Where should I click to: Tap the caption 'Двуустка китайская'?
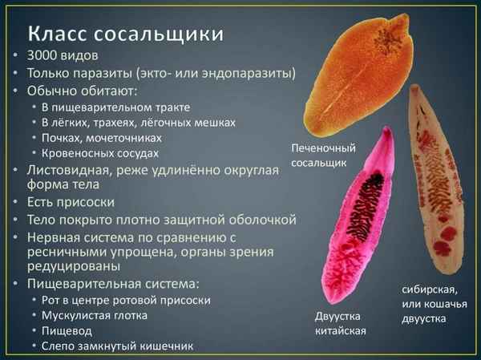(341, 323)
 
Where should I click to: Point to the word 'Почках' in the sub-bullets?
(63, 137)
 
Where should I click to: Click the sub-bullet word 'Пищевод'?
(69, 330)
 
